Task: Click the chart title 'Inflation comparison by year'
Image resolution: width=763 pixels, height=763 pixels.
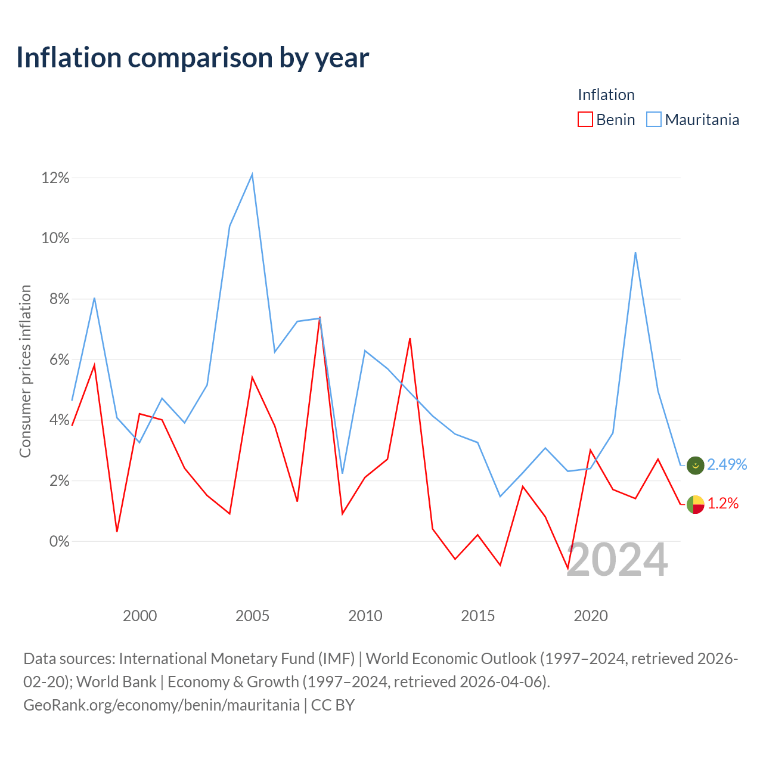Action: [x=193, y=58]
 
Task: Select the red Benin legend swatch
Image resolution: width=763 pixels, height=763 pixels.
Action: [x=585, y=119]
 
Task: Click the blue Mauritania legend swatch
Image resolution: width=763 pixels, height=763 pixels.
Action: [x=653, y=119]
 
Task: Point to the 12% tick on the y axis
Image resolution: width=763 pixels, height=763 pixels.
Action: [x=55, y=178]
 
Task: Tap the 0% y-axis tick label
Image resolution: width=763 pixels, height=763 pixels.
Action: [x=60, y=541]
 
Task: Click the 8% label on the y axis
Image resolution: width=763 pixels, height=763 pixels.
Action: [x=60, y=299]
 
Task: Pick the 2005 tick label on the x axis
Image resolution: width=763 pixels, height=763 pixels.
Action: [x=252, y=616]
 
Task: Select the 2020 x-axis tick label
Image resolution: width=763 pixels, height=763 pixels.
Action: [x=590, y=616]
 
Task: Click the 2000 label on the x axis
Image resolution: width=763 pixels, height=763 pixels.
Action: [x=139, y=616]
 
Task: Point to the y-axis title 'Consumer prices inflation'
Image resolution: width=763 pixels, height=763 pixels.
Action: [x=25, y=371]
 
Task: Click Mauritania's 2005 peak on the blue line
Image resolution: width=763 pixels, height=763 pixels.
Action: [x=252, y=175]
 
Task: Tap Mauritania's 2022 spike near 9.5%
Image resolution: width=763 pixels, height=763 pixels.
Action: [x=635, y=253]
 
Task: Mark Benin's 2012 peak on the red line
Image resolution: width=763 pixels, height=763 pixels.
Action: [x=410, y=339]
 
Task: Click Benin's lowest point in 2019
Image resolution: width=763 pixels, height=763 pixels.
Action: [x=568, y=568]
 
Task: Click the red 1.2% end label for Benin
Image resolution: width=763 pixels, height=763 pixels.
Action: [x=723, y=503]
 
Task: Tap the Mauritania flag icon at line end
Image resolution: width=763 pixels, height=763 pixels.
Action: [x=695, y=465]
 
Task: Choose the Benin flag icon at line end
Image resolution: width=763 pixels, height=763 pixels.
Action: [x=695, y=504]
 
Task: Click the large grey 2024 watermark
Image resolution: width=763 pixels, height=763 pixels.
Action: [x=618, y=560]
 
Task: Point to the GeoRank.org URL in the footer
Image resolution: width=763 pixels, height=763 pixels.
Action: [x=162, y=705]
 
